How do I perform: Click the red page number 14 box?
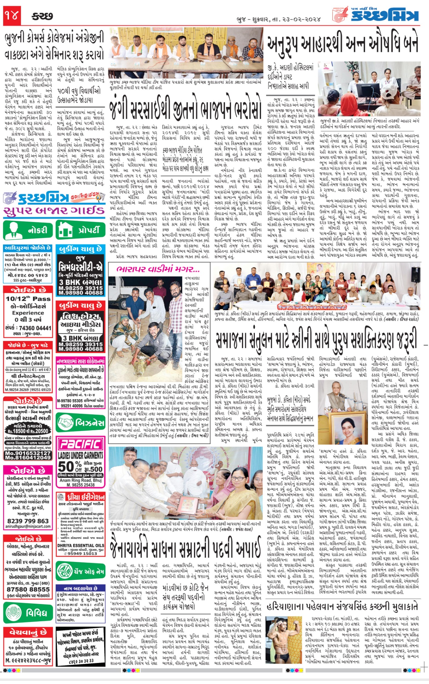tap(12, 16)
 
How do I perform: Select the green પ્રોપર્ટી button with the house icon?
tap(81, 230)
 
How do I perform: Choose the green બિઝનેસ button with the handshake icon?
tap(81, 423)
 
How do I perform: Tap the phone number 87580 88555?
tap(28, 590)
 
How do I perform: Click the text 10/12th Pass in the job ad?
tap(28, 299)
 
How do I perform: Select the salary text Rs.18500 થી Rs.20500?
tap(28, 431)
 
